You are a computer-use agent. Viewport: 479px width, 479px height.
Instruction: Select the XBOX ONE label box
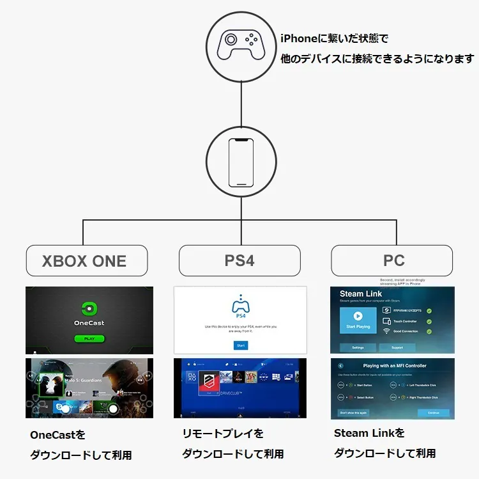coord(86,261)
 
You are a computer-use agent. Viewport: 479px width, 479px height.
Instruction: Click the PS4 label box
coord(240,261)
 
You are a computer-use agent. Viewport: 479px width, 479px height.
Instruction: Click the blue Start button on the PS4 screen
coord(241,345)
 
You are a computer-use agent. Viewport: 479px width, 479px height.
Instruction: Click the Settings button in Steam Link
coord(358,348)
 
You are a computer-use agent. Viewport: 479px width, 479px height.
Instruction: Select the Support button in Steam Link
coord(397,348)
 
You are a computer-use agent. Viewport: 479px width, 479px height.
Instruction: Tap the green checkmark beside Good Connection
coord(429,331)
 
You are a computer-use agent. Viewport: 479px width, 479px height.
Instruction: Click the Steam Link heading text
coord(360,294)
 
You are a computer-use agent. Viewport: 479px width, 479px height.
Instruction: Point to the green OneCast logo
coord(89,307)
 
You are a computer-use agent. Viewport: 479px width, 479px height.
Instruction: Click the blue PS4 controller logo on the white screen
coord(241,304)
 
